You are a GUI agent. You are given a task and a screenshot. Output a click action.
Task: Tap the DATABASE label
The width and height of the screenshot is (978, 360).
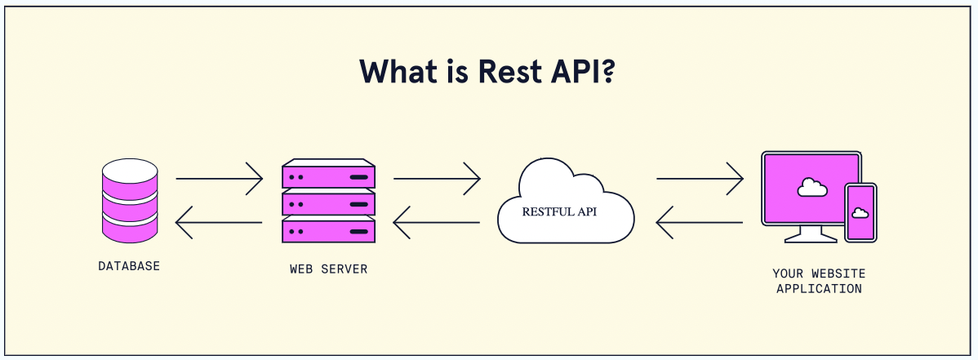tap(129, 266)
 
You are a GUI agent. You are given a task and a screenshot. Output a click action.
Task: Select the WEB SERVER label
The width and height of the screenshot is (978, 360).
tap(328, 269)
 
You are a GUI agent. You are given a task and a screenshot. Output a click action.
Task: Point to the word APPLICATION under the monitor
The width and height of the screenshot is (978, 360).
tap(819, 288)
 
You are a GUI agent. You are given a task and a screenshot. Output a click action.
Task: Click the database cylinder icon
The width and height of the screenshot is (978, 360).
tap(129, 201)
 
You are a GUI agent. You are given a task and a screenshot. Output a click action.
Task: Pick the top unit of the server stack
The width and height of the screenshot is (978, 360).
tap(328, 176)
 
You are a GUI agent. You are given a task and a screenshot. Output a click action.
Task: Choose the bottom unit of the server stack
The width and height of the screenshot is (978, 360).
tap(328, 229)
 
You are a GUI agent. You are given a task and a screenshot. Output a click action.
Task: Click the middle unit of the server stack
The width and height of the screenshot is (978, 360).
tap(328, 202)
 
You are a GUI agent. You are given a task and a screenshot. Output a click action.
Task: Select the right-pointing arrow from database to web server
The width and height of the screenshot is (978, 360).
tap(219, 177)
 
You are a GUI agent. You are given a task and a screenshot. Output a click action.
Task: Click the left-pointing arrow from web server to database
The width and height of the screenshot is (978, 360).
tap(219, 222)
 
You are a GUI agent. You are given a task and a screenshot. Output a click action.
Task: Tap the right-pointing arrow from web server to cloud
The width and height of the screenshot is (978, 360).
tap(437, 177)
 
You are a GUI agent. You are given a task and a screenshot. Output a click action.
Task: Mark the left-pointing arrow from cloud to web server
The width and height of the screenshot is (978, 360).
tap(437, 222)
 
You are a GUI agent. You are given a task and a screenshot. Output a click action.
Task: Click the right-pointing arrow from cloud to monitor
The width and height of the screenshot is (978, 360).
tap(700, 177)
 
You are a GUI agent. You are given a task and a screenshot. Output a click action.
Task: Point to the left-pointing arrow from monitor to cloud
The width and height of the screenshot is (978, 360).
tap(700, 222)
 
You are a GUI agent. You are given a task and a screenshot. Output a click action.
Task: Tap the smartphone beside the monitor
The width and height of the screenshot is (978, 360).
tap(860, 212)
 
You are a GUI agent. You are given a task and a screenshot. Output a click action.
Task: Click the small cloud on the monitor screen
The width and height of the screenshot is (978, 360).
tap(811, 187)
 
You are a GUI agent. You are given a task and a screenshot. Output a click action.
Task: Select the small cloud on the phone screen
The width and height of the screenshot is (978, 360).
tap(860, 212)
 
